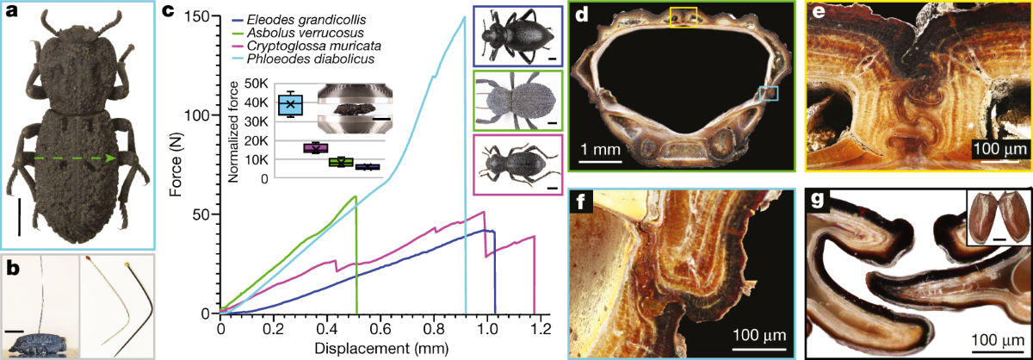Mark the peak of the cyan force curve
coord(464,18)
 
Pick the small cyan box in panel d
coord(768,93)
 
